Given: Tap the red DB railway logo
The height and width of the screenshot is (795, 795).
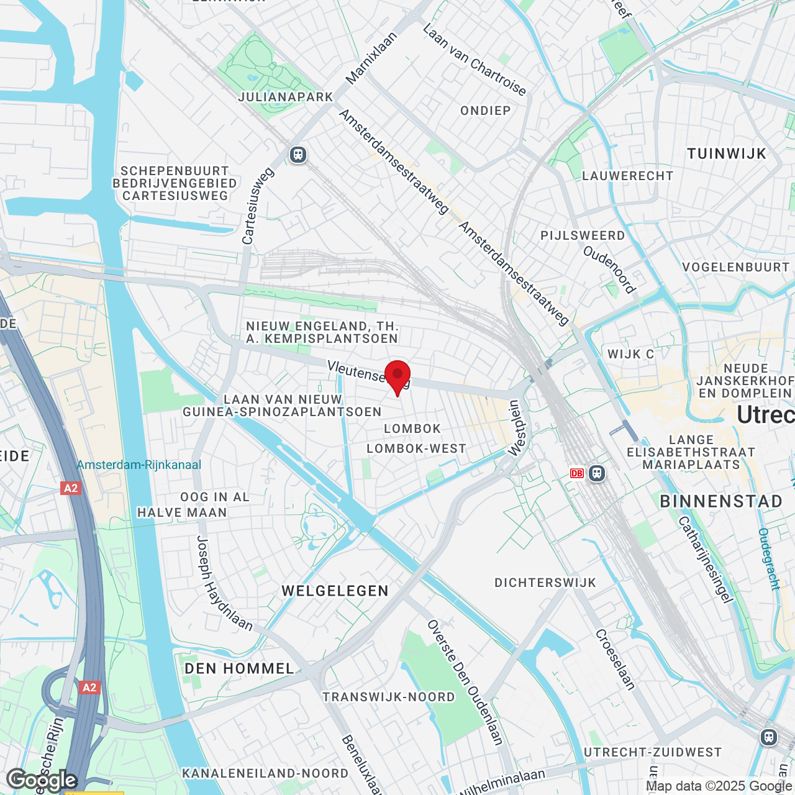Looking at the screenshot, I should pyautogui.click(x=576, y=473).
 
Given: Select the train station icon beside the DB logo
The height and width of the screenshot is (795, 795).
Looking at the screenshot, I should pyautogui.click(x=597, y=473).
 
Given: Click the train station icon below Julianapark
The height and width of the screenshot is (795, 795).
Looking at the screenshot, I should pyautogui.click(x=298, y=155).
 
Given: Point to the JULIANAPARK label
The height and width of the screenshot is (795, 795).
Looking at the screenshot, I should pyautogui.click(x=286, y=98).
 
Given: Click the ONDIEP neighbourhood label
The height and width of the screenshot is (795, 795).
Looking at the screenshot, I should pyautogui.click(x=486, y=111).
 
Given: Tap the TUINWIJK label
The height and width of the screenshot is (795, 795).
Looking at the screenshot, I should pyautogui.click(x=727, y=154).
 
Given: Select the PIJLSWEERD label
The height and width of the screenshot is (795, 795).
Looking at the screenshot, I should pyautogui.click(x=583, y=236).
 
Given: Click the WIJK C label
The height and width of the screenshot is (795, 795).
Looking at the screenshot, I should pyautogui.click(x=630, y=355).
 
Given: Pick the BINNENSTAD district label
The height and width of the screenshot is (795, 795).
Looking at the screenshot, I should pyautogui.click(x=721, y=502).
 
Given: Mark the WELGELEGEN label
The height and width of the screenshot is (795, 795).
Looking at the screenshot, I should pyautogui.click(x=335, y=591).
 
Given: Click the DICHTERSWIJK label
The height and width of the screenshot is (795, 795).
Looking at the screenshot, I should pyautogui.click(x=545, y=583).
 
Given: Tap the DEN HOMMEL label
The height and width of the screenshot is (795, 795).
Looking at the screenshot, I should pyautogui.click(x=240, y=669).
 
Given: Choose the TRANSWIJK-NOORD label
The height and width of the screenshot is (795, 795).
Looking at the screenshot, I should pyautogui.click(x=389, y=697).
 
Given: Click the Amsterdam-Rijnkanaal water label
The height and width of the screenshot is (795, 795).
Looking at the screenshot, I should pyautogui.click(x=139, y=465).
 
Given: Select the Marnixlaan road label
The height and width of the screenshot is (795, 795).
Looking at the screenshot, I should pyautogui.click(x=371, y=58).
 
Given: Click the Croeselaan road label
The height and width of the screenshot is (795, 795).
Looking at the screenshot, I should pyautogui.click(x=616, y=660).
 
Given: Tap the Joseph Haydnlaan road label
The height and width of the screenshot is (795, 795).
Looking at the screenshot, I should pyautogui.click(x=224, y=584).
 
